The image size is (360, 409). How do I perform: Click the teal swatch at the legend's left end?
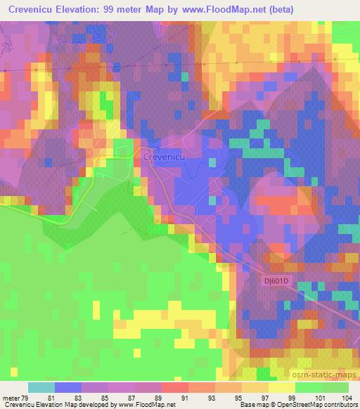(41, 387)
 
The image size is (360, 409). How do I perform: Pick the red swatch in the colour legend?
(174, 387)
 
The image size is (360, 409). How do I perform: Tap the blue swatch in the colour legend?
(67, 387)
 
